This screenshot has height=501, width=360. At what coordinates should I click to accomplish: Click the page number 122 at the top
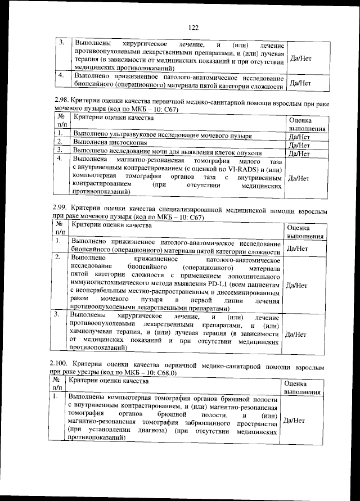coord(193,27)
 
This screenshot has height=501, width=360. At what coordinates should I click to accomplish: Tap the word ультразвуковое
coord(137,136)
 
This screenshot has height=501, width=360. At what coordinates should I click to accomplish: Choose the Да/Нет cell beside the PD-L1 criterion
coord(296,285)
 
